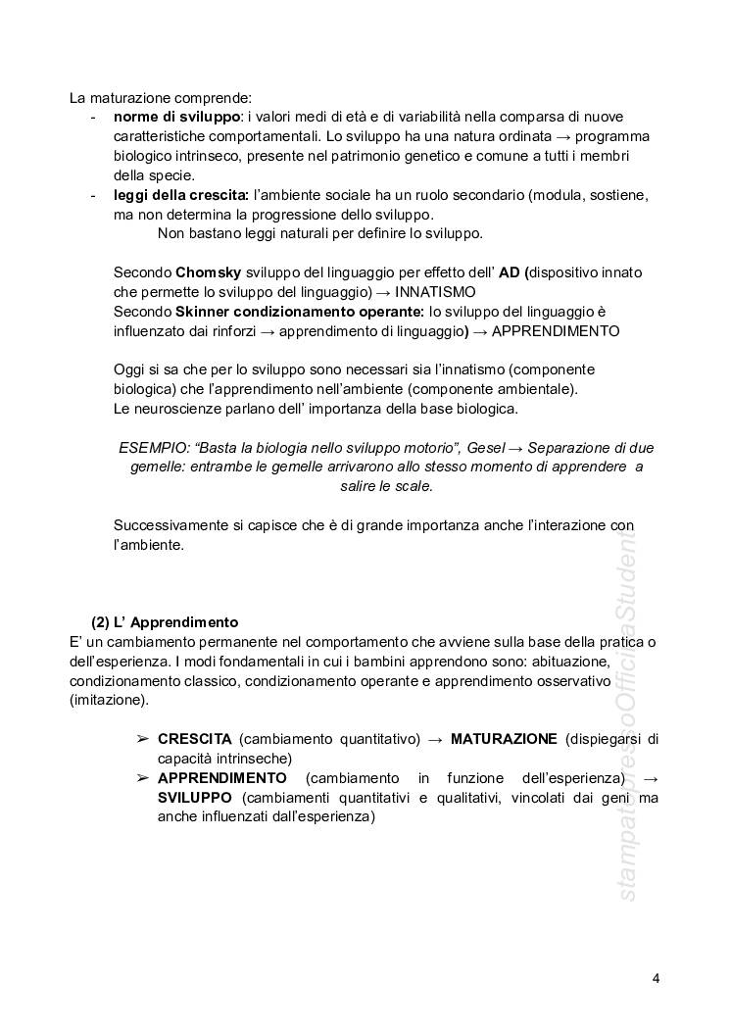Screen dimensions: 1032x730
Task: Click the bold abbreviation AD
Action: click(510, 271)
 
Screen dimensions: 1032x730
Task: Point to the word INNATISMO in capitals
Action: click(435, 291)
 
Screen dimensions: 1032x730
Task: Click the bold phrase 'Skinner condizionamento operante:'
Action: click(299, 311)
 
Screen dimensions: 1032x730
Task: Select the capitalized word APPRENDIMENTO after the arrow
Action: click(556, 330)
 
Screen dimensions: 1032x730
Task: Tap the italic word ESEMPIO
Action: click(152, 447)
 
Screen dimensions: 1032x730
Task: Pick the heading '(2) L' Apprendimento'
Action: click(165, 622)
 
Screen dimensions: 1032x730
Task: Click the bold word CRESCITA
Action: click(194, 738)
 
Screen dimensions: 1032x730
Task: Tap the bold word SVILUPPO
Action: click(194, 797)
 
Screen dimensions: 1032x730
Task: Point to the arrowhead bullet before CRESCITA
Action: click(142, 738)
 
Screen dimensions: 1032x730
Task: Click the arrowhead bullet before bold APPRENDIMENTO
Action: click(142, 777)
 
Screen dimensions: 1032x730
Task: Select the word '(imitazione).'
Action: click(109, 700)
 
